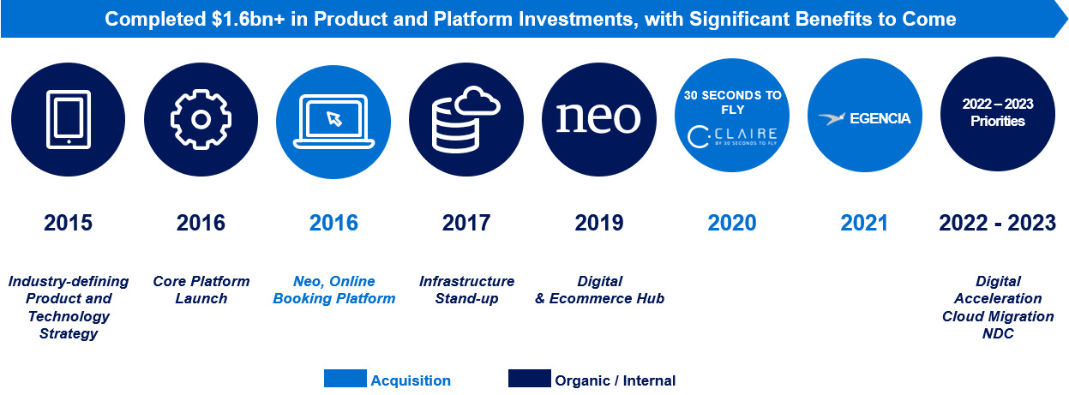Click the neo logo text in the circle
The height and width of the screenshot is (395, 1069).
click(x=598, y=117)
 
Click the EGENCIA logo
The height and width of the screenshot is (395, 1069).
click(x=864, y=118)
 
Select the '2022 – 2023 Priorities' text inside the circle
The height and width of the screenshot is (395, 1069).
click(x=997, y=113)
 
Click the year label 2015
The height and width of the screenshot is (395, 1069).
click(x=68, y=224)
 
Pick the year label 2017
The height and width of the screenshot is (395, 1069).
click(x=465, y=224)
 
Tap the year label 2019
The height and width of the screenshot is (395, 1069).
click(x=598, y=224)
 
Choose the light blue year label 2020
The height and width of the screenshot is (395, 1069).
click(x=731, y=224)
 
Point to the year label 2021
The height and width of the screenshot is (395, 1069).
click(x=864, y=224)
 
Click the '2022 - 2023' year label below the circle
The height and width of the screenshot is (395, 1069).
click(x=997, y=224)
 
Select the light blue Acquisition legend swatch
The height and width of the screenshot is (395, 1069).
click(x=345, y=379)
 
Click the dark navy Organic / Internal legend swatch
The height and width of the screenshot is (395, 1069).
click(x=529, y=379)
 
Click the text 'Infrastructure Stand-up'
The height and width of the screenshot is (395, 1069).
click(x=466, y=290)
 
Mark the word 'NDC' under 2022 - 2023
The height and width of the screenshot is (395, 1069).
click(x=998, y=333)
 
